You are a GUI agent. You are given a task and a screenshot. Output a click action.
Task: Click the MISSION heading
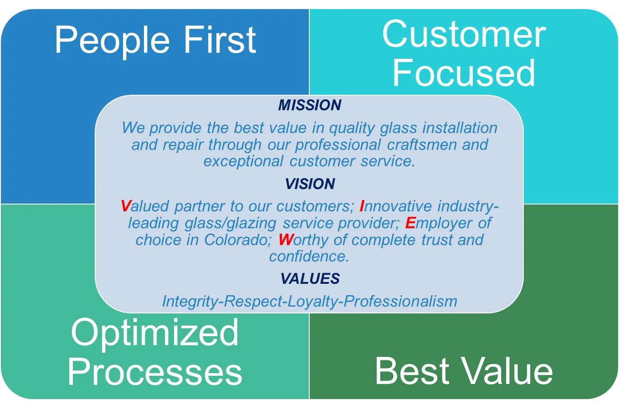pos(310,105)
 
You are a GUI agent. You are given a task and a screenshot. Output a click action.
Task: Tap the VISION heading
pos(310,184)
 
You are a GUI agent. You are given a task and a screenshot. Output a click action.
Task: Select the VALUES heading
pos(310,278)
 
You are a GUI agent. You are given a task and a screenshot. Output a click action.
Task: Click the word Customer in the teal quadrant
pos(464,35)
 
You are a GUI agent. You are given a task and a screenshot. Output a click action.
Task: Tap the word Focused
pos(464,73)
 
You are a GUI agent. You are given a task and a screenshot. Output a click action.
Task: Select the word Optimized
pos(155,333)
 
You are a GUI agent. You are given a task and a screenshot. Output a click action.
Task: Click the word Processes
pos(155,370)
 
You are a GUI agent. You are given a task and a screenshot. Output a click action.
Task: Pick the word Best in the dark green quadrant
pos(412,371)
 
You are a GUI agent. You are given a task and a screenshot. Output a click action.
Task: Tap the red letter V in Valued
pos(126,206)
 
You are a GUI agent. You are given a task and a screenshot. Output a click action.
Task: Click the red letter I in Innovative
pos(362,206)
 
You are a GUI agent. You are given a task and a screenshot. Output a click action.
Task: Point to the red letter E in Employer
pos(410,223)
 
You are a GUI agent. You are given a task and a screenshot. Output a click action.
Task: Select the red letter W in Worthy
pos(286,240)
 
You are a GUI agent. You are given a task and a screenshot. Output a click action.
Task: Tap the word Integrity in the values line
pos(190,302)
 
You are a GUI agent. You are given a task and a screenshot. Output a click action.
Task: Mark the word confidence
pos(309,256)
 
